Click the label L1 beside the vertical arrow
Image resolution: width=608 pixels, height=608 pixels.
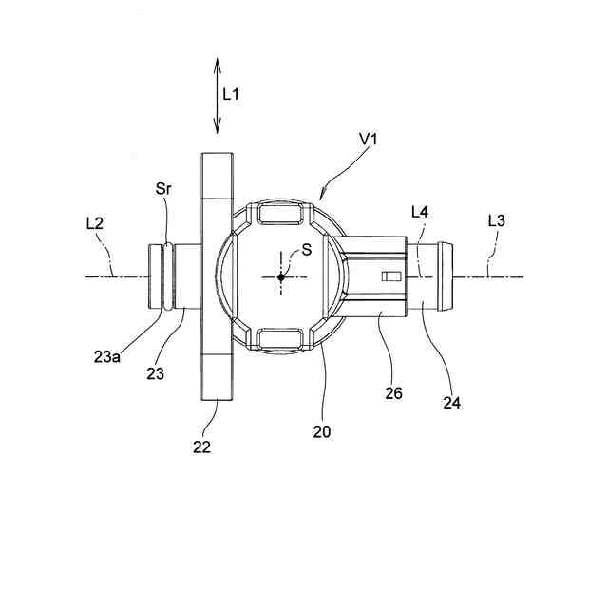click(x=231, y=94)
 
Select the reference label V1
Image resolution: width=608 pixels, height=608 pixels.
click(x=369, y=140)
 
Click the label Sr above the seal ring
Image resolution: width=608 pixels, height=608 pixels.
click(x=163, y=189)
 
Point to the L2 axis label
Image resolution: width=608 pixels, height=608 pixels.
click(x=95, y=223)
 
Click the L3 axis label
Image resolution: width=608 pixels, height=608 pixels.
click(x=496, y=220)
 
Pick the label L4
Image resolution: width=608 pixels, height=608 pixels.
click(x=420, y=212)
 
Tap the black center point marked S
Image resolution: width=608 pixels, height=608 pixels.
click(x=281, y=277)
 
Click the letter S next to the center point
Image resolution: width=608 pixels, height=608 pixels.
click(x=306, y=250)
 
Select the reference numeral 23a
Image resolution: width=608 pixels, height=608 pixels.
click(x=107, y=357)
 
